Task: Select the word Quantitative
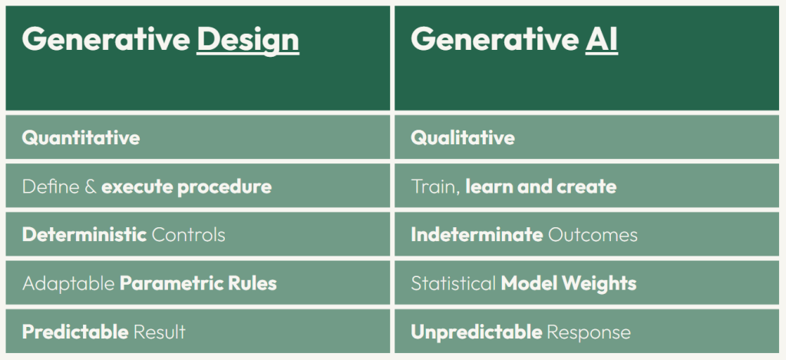click(x=81, y=138)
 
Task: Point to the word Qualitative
click(x=463, y=138)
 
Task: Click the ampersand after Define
click(x=91, y=187)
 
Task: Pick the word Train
click(x=433, y=187)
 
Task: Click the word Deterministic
click(x=84, y=235)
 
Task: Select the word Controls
click(x=188, y=235)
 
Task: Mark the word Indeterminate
click(x=477, y=235)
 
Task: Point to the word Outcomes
click(x=592, y=235)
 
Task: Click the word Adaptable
click(x=68, y=283)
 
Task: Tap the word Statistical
click(x=453, y=283)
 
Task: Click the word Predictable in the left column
click(x=75, y=332)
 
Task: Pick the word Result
click(x=160, y=332)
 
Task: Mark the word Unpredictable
click(x=476, y=332)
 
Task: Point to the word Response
click(x=589, y=332)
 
